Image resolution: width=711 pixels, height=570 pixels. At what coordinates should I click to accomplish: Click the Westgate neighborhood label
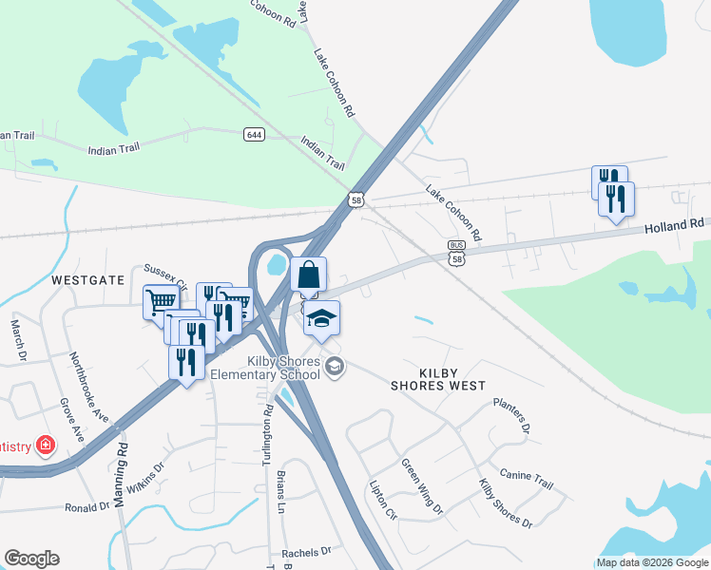pyautogui.click(x=87, y=280)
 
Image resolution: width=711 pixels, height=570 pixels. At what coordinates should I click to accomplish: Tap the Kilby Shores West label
pyautogui.click(x=438, y=379)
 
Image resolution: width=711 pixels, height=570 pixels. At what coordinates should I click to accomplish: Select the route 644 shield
pyautogui.click(x=253, y=134)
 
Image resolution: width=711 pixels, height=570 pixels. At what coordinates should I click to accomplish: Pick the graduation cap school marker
pyautogui.click(x=322, y=318)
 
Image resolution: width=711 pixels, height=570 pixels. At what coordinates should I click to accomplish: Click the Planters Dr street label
pyautogui.click(x=511, y=415)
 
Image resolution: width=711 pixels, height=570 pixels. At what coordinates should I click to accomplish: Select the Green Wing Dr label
pyautogui.click(x=421, y=486)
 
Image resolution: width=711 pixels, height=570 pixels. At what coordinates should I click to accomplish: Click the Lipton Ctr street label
pyautogui.click(x=382, y=500)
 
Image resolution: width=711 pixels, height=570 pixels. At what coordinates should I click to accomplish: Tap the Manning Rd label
pyautogui.click(x=121, y=472)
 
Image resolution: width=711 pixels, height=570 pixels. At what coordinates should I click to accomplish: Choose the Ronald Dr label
pyautogui.click(x=87, y=507)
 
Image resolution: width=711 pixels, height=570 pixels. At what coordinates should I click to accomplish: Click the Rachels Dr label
pyautogui.click(x=306, y=551)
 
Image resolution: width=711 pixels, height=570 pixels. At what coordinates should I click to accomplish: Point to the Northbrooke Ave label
pyautogui.click(x=89, y=388)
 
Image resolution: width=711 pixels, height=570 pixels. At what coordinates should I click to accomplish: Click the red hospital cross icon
pyautogui.click(x=44, y=446)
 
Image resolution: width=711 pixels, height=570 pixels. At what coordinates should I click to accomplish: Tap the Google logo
pyautogui.click(x=31, y=559)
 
